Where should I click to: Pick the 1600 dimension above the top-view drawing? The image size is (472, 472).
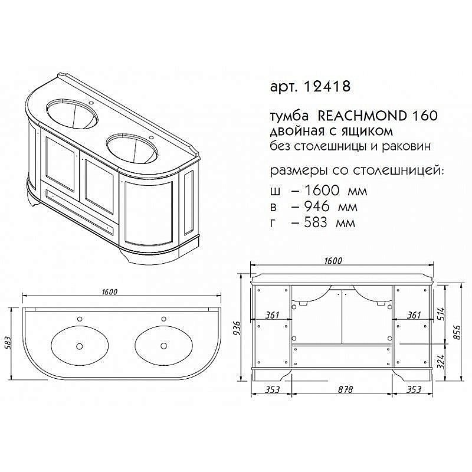(110, 292)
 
